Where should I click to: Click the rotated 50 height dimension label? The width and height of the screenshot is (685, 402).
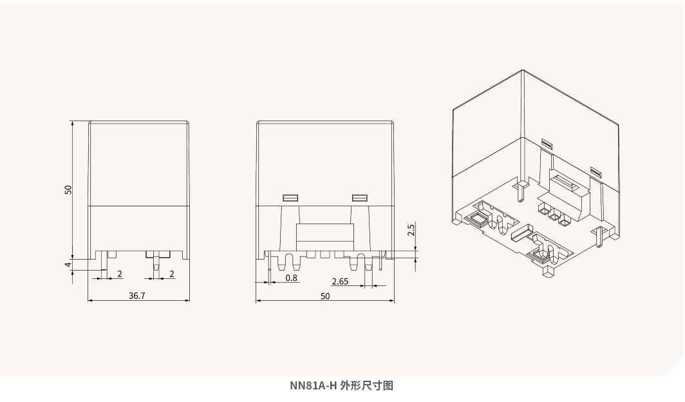pyautogui.click(x=68, y=189)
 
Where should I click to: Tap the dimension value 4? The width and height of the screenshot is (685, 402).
pyautogui.click(x=68, y=264)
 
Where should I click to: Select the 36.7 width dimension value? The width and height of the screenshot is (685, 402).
pyautogui.click(x=136, y=296)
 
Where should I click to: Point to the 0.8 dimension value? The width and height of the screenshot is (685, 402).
pyautogui.click(x=291, y=278)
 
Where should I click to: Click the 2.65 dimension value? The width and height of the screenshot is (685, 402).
pyautogui.click(x=340, y=282)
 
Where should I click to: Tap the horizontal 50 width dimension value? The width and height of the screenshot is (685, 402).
pyautogui.click(x=324, y=296)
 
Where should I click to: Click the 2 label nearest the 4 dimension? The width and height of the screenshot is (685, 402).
pyautogui.click(x=120, y=274)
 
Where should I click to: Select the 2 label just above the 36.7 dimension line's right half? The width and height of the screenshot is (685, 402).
pyautogui.click(x=172, y=274)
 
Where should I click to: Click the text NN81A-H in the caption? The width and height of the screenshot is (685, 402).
pyautogui.click(x=313, y=386)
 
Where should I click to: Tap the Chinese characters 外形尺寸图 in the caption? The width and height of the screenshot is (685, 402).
pyautogui.click(x=367, y=386)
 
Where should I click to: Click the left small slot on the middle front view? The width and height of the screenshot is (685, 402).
pyautogui.click(x=290, y=198)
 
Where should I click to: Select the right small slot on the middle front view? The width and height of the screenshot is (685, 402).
pyautogui.click(x=359, y=198)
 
